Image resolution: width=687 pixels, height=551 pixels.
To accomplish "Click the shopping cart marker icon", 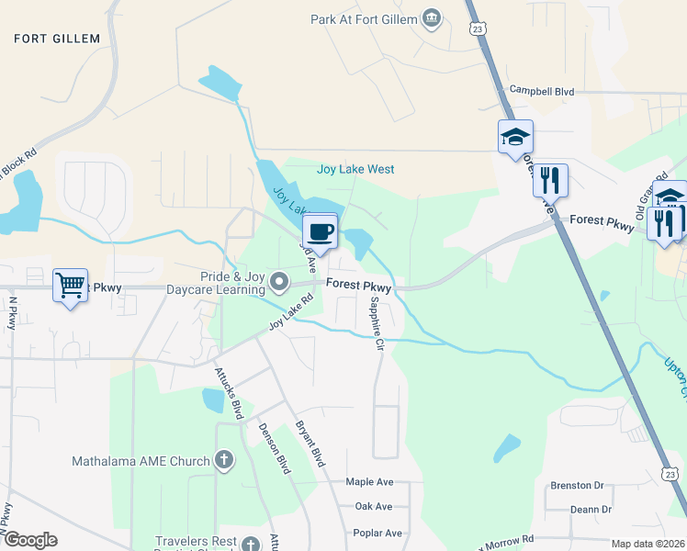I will [x=70, y=286].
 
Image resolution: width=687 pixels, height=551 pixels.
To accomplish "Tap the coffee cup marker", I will [x=320, y=231].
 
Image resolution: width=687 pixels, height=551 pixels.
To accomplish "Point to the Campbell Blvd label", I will [x=542, y=92].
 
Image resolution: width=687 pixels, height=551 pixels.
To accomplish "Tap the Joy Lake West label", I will [x=355, y=169].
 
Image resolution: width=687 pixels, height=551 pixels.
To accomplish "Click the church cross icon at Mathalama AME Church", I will [x=224, y=460].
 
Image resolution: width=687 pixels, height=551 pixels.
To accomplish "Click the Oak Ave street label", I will [x=373, y=506].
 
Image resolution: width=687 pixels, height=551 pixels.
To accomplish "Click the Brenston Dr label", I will [x=576, y=485].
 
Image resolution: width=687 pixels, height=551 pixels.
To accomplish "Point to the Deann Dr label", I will [x=590, y=509].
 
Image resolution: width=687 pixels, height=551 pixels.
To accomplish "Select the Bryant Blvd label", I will [x=310, y=444].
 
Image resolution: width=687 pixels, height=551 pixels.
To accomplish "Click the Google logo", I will [x=29, y=540].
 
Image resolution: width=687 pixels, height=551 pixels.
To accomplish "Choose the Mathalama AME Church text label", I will [x=142, y=460].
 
